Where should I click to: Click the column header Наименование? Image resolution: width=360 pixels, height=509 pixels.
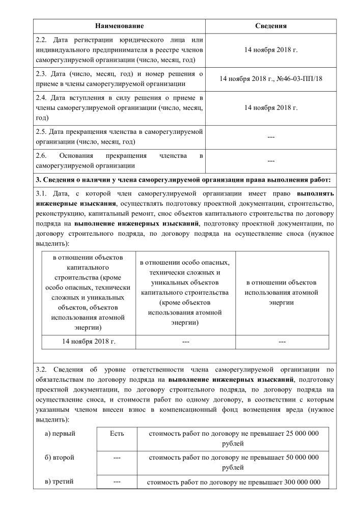click(119, 25)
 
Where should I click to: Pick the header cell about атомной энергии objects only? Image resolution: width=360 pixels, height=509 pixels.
click(282, 292)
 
